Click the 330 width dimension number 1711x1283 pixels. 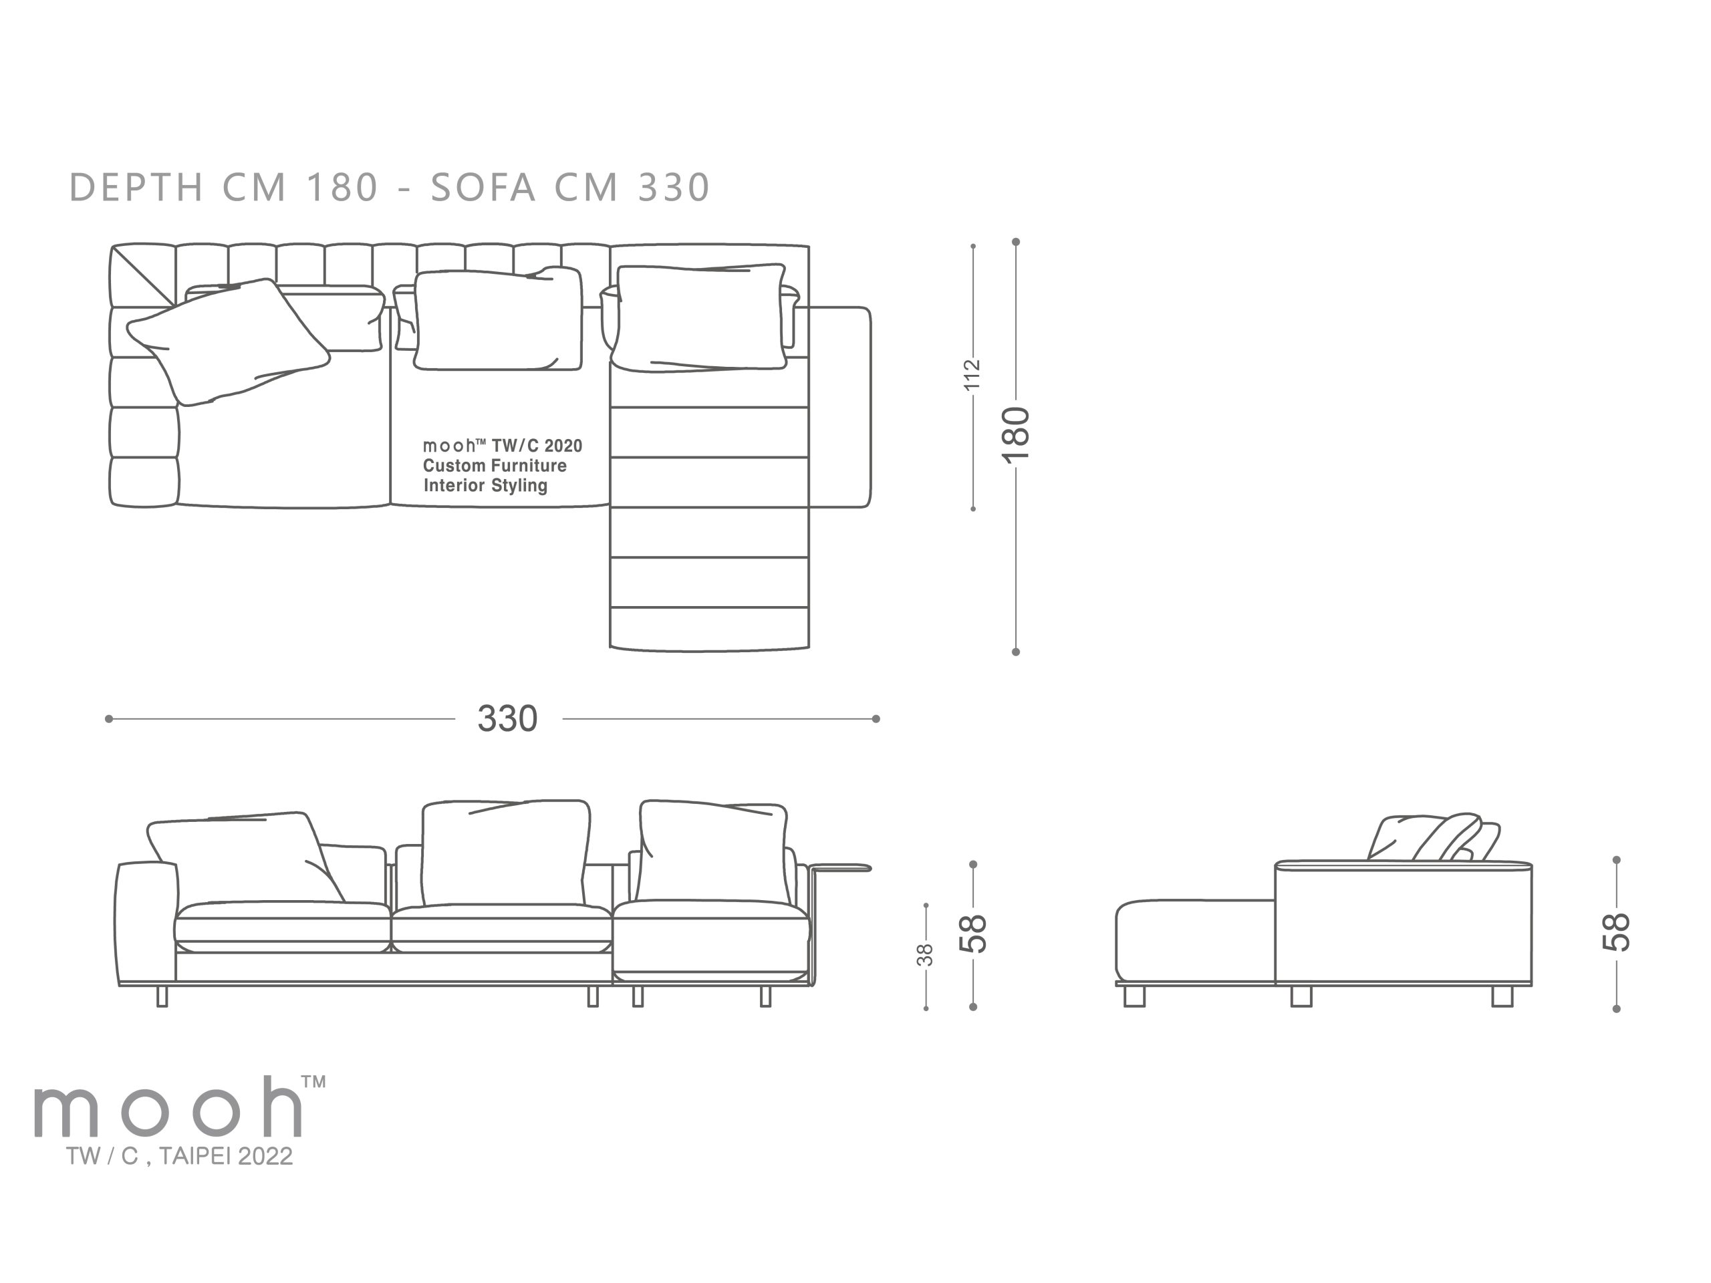pos(507,718)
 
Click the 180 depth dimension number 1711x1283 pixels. pos(1017,434)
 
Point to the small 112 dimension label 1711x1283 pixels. pos(972,374)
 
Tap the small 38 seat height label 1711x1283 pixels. pos(925,955)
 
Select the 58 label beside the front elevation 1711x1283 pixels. pos(973,934)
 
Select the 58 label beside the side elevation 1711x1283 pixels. pos(1617,932)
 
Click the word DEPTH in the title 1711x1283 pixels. pos(138,187)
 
